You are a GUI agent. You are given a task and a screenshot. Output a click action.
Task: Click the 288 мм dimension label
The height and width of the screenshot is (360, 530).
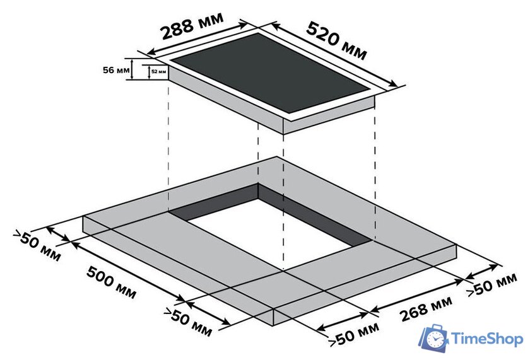[x=192, y=26]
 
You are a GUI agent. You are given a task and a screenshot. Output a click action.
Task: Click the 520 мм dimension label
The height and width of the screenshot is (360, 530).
[x=337, y=40]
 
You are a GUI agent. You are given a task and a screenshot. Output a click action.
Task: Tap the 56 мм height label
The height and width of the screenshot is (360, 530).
[x=116, y=70]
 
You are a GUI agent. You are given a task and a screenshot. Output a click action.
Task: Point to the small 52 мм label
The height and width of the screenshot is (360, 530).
[x=158, y=72]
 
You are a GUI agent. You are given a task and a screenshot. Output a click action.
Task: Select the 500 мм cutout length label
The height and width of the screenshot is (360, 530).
[x=111, y=282]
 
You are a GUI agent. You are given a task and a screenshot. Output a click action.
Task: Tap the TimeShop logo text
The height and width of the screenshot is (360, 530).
[x=487, y=339]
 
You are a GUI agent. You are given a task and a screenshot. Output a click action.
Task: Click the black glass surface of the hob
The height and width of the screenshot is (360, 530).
[x=270, y=73]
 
